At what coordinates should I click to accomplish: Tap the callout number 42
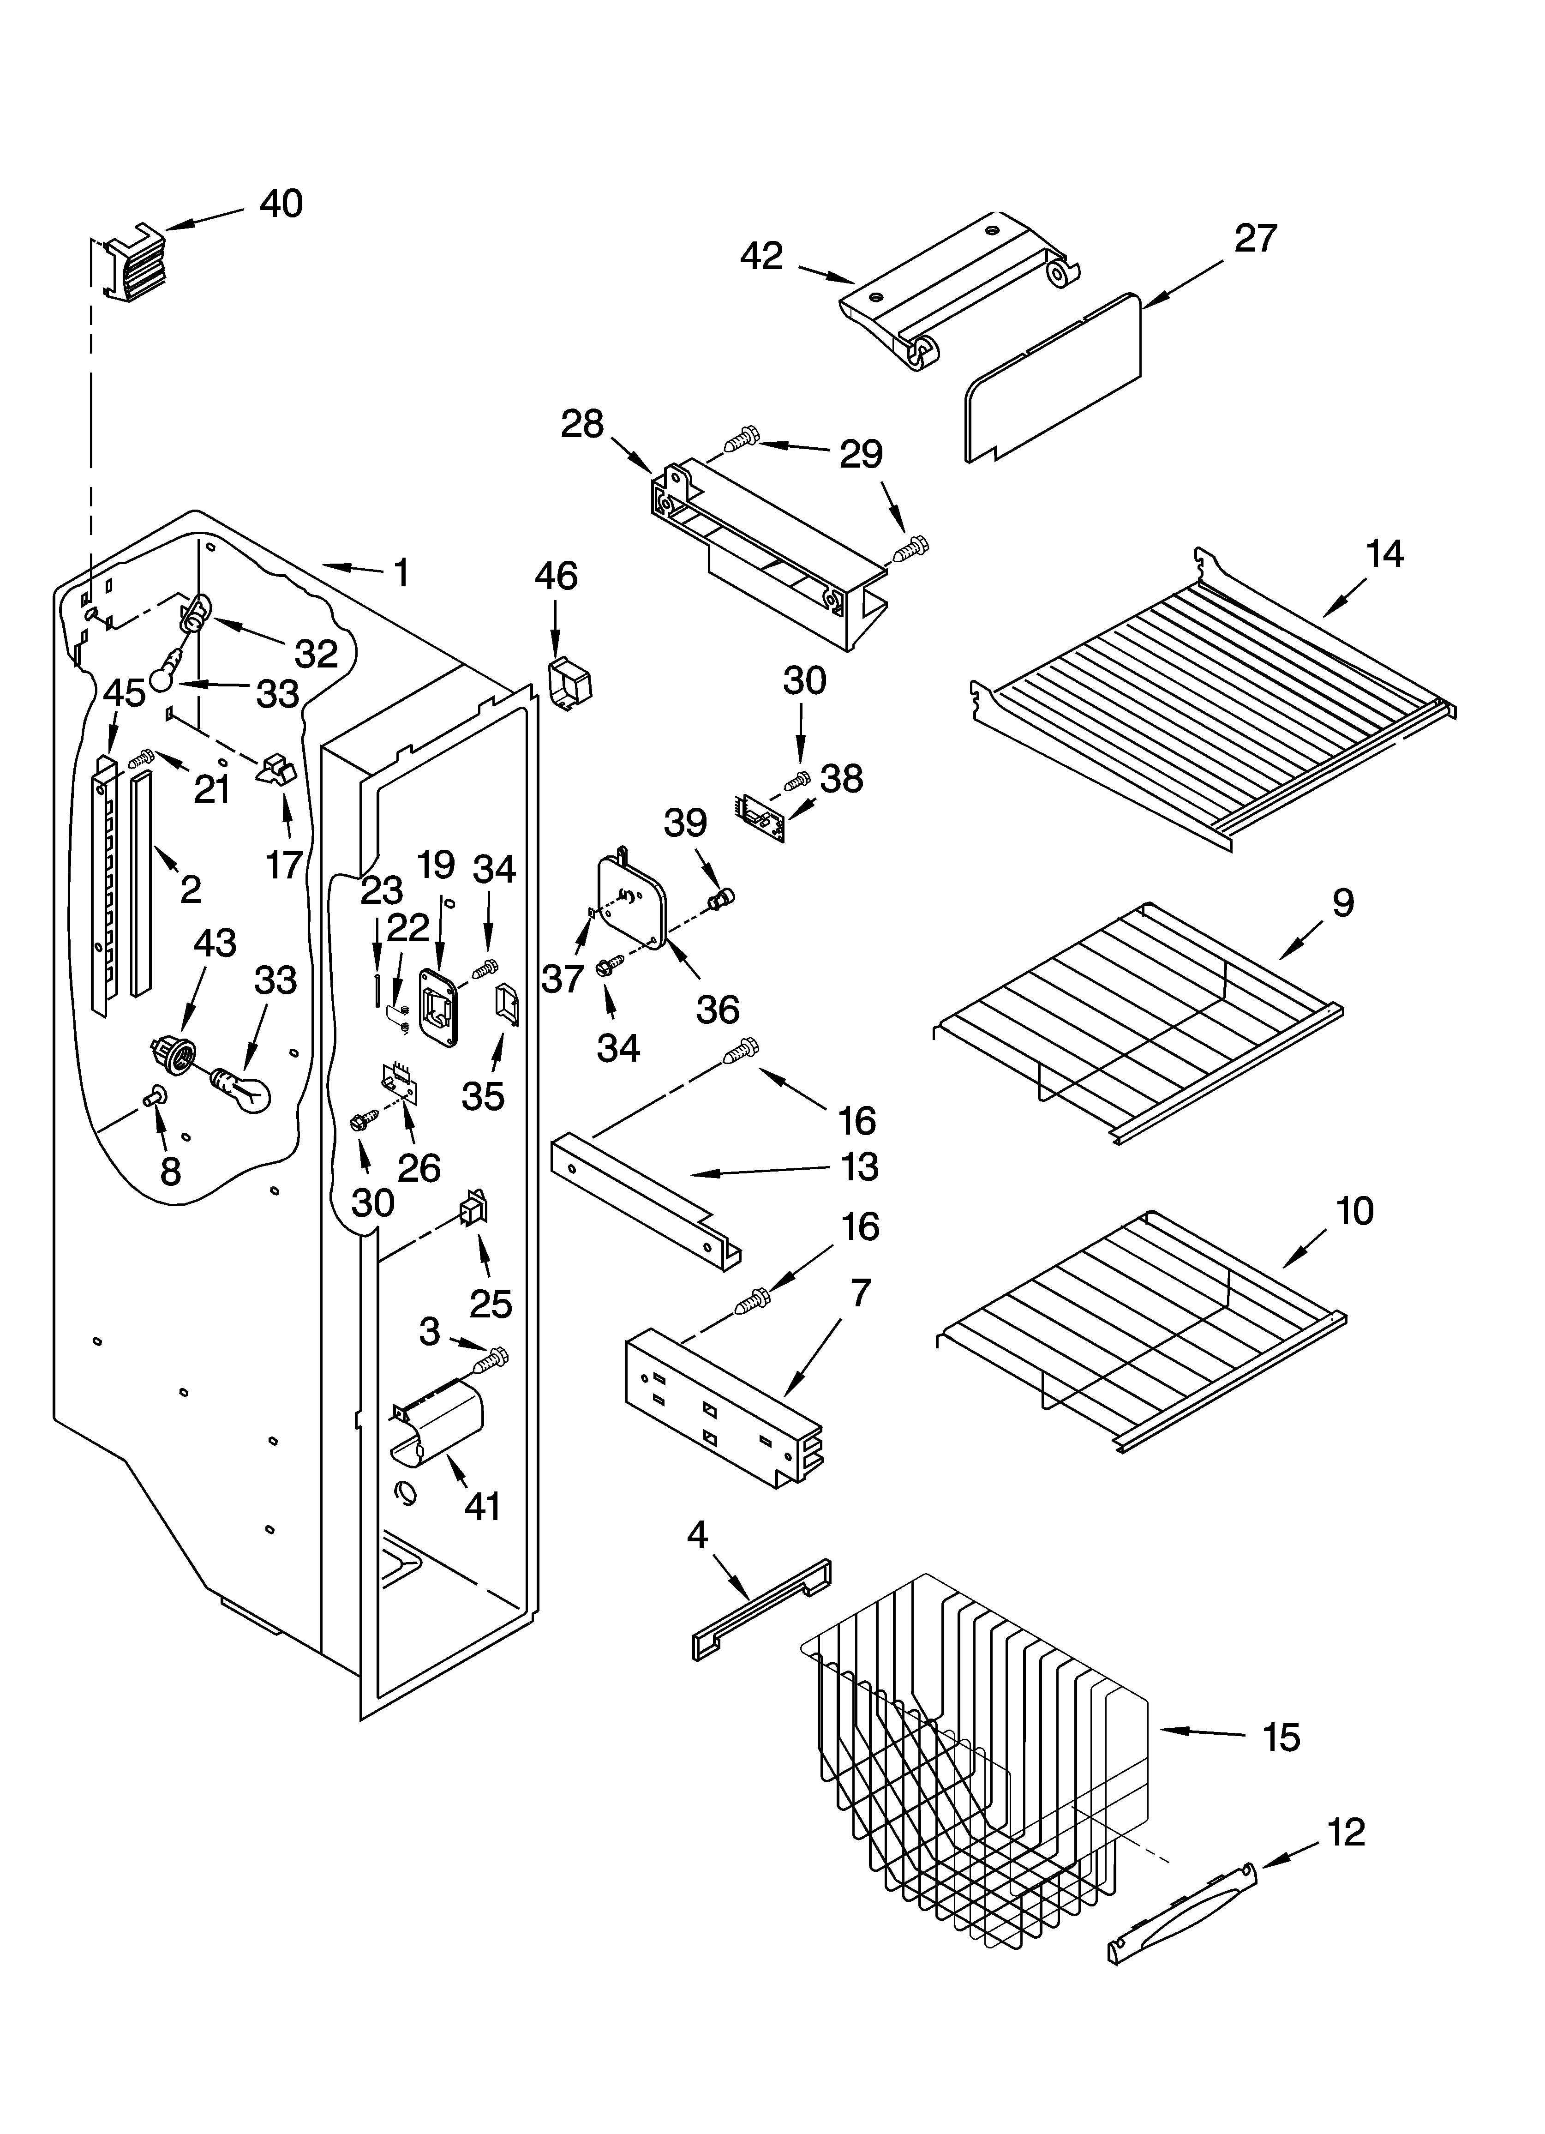pos(761,256)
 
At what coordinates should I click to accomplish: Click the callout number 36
pos(717,1010)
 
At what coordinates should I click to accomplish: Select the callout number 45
pos(124,693)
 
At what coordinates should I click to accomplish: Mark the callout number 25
pos(490,1303)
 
